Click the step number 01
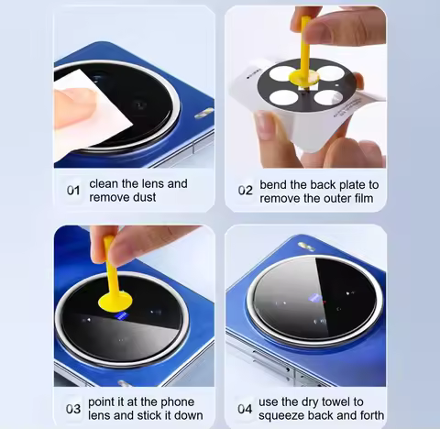[x=74, y=191]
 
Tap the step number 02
[x=245, y=191]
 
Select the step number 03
[x=73, y=407]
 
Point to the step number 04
[x=245, y=407]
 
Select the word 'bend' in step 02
[x=276, y=183]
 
